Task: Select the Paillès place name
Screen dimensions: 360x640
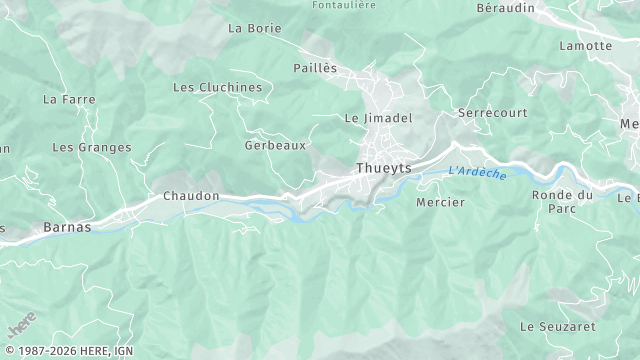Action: click(x=315, y=68)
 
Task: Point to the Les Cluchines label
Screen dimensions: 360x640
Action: click(x=217, y=87)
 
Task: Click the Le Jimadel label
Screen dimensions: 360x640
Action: click(x=378, y=117)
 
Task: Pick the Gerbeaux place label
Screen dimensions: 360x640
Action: click(x=275, y=145)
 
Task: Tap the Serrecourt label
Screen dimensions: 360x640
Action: click(x=492, y=113)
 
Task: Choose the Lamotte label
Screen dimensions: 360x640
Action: click(x=586, y=46)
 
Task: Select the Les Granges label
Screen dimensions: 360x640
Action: click(x=91, y=147)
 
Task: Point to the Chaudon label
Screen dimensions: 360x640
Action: click(x=190, y=196)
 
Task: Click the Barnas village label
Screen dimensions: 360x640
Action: click(x=67, y=227)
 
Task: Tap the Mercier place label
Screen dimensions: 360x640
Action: click(x=440, y=202)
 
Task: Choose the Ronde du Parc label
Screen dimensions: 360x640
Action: click(x=562, y=201)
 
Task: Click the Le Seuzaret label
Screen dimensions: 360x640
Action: click(x=558, y=327)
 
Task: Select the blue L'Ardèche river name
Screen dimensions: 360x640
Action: click(x=477, y=173)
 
